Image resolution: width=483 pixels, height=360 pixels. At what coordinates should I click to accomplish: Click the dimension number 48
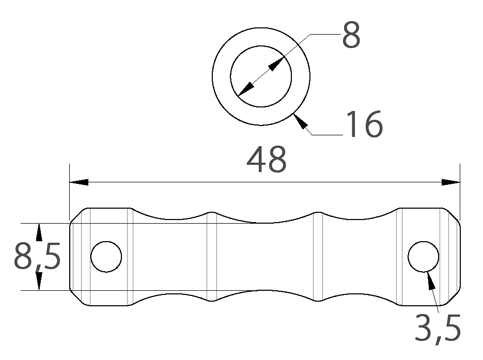pos(267,160)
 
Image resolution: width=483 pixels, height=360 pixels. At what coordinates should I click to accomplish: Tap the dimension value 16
pos(365,124)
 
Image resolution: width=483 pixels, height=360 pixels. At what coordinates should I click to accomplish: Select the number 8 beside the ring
pos(351,35)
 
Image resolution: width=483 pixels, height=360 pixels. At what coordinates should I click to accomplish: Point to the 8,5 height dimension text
pos(37,256)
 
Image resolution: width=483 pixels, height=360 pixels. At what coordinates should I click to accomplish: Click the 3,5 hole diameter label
pos(438,327)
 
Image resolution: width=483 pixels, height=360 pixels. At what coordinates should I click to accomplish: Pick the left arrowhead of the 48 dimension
pos(79,182)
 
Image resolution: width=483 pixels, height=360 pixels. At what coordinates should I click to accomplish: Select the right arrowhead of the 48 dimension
pos(450,182)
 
